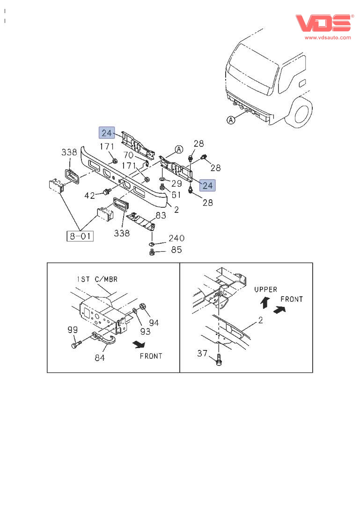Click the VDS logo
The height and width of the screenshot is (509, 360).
323,23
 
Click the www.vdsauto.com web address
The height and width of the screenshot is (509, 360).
327,37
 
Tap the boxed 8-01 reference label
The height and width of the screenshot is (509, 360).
79,236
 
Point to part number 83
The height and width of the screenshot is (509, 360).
161,216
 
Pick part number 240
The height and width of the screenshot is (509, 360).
176,238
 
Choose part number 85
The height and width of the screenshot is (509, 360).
176,250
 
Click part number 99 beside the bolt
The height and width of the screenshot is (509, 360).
72,330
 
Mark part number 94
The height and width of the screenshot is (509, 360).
154,322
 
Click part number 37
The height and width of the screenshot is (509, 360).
202,353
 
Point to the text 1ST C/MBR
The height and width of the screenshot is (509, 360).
97,279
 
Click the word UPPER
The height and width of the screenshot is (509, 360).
265,290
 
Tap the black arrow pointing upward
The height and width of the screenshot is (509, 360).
264,302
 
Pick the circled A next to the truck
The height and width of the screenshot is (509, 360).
231,120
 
